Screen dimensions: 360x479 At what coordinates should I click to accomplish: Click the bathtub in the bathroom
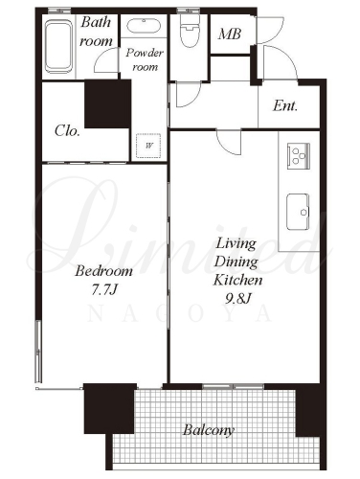(x=58, y=47)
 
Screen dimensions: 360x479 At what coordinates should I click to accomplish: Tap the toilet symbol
(x=190, y=32)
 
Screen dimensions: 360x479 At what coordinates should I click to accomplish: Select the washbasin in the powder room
(x=144, y=26)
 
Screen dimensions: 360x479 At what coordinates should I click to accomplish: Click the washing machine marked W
(x=148, y=146)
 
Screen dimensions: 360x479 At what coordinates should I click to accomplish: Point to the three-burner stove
(x=299, y=156)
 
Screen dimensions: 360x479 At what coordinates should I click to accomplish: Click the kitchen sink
(x=298, y=212)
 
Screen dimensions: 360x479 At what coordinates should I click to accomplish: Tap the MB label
(x=230, y=34)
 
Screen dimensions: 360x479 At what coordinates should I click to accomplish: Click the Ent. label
(x=285, y=105)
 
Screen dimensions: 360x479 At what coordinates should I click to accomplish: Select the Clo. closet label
(x=67, y=130)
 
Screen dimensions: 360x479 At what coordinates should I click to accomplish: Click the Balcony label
(x=209, y=430)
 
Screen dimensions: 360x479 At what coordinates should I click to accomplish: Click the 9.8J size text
(x=238, y=299)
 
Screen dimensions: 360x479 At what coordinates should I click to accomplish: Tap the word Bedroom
(x=104, y=271)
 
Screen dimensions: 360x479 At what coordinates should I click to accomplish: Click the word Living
(x=236, y=244)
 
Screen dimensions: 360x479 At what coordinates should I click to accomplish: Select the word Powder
(x=145, y=53)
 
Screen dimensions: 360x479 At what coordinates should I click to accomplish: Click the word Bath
(x=96, y=22)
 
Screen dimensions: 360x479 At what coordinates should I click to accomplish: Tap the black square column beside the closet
(x=108, y=104)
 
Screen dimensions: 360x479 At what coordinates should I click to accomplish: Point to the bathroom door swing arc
(x=101, y=59)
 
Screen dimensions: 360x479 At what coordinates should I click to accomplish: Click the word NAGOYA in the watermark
(x=180, y=314)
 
